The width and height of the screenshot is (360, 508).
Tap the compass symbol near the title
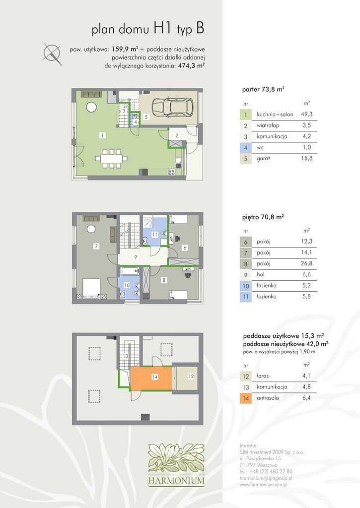pos(52,53)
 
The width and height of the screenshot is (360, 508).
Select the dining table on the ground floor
pos(111,159)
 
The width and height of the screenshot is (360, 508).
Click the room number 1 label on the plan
pos(102,135)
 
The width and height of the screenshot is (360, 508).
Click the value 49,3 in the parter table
pos(306,114)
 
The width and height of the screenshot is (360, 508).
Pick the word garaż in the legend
pos(263,158)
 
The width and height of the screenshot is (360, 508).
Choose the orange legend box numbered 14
pos(245,398)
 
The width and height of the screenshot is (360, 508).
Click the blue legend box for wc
pos(245,148)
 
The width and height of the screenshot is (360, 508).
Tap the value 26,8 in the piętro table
pos(306,263)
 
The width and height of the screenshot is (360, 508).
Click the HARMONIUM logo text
pos(176,480)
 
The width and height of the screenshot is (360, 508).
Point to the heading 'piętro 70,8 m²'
pos(263,217)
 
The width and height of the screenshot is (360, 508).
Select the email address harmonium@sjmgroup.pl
pos(266,478)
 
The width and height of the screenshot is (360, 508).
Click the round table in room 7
pos(91,229)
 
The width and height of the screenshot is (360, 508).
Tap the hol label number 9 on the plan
pos(136,257)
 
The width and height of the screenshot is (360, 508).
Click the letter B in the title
pos(200,28)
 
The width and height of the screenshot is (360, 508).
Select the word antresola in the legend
pos(268,398)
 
